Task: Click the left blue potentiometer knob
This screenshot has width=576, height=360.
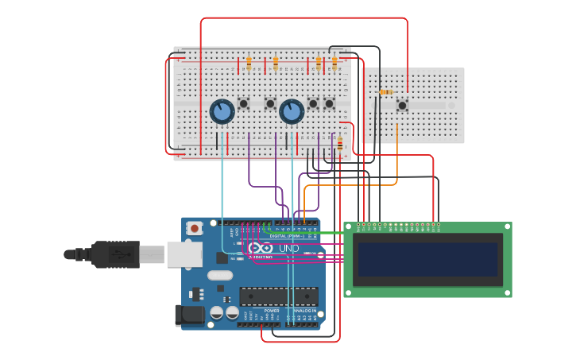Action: (x=222, y=111)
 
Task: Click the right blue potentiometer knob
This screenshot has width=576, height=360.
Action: (x=292, y=111)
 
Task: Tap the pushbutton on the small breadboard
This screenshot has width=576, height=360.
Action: (x=402, y=105)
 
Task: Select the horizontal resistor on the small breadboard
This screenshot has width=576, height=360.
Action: (x=386, y=92)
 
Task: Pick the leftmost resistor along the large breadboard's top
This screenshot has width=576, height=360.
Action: (x=249, y=62)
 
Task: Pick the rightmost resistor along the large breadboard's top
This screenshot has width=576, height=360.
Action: (x=334, y=62)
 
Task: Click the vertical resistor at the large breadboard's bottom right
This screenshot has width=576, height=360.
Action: (x=340, y=144)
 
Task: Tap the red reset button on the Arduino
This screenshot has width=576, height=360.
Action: (x=195, y=228)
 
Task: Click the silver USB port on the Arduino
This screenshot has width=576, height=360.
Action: (x=184, y=254)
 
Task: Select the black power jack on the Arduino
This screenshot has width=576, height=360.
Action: (x=190, y=315)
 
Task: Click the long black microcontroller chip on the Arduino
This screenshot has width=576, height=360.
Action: (x=278, y=296)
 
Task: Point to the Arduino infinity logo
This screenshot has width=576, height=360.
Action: (x=265, y=249)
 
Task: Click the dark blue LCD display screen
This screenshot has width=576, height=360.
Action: (x=427, y=260)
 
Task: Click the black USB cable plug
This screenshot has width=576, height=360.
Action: (x=115, y=254)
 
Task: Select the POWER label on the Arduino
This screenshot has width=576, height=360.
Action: (x=260, y=311)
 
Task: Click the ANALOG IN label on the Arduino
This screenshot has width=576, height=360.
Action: (x=304, y=311)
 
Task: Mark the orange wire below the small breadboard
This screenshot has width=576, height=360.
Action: (x=396, y=159)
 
